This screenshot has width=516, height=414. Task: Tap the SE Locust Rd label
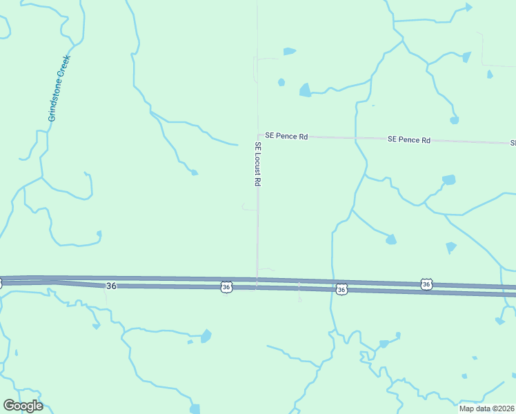coord(257,164)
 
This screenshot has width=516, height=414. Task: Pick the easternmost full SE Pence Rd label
coord(409,139)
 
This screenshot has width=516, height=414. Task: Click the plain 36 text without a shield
coord(111,286)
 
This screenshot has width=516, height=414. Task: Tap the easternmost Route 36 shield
coord(427,284)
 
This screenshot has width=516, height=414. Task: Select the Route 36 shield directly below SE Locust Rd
coord(226,286)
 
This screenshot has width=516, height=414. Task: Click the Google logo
coord(23,406)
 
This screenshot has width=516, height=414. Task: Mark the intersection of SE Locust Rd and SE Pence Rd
coord(258,135)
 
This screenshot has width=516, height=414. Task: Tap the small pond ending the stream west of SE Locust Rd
coord(195,172)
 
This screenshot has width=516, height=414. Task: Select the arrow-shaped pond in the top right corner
coord(468,8)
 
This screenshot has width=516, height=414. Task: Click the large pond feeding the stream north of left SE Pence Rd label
coord(305,90)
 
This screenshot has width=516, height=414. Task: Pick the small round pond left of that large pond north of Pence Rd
coord(281,82)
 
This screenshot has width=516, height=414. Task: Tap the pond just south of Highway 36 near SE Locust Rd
coord(206,336)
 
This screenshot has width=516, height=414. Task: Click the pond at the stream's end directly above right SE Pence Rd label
coord(454,120)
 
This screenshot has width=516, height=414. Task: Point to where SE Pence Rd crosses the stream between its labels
coord(356,139)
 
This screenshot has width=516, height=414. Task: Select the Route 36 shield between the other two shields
coord(341,290)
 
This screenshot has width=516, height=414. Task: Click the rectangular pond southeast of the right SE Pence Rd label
coord(449,180)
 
